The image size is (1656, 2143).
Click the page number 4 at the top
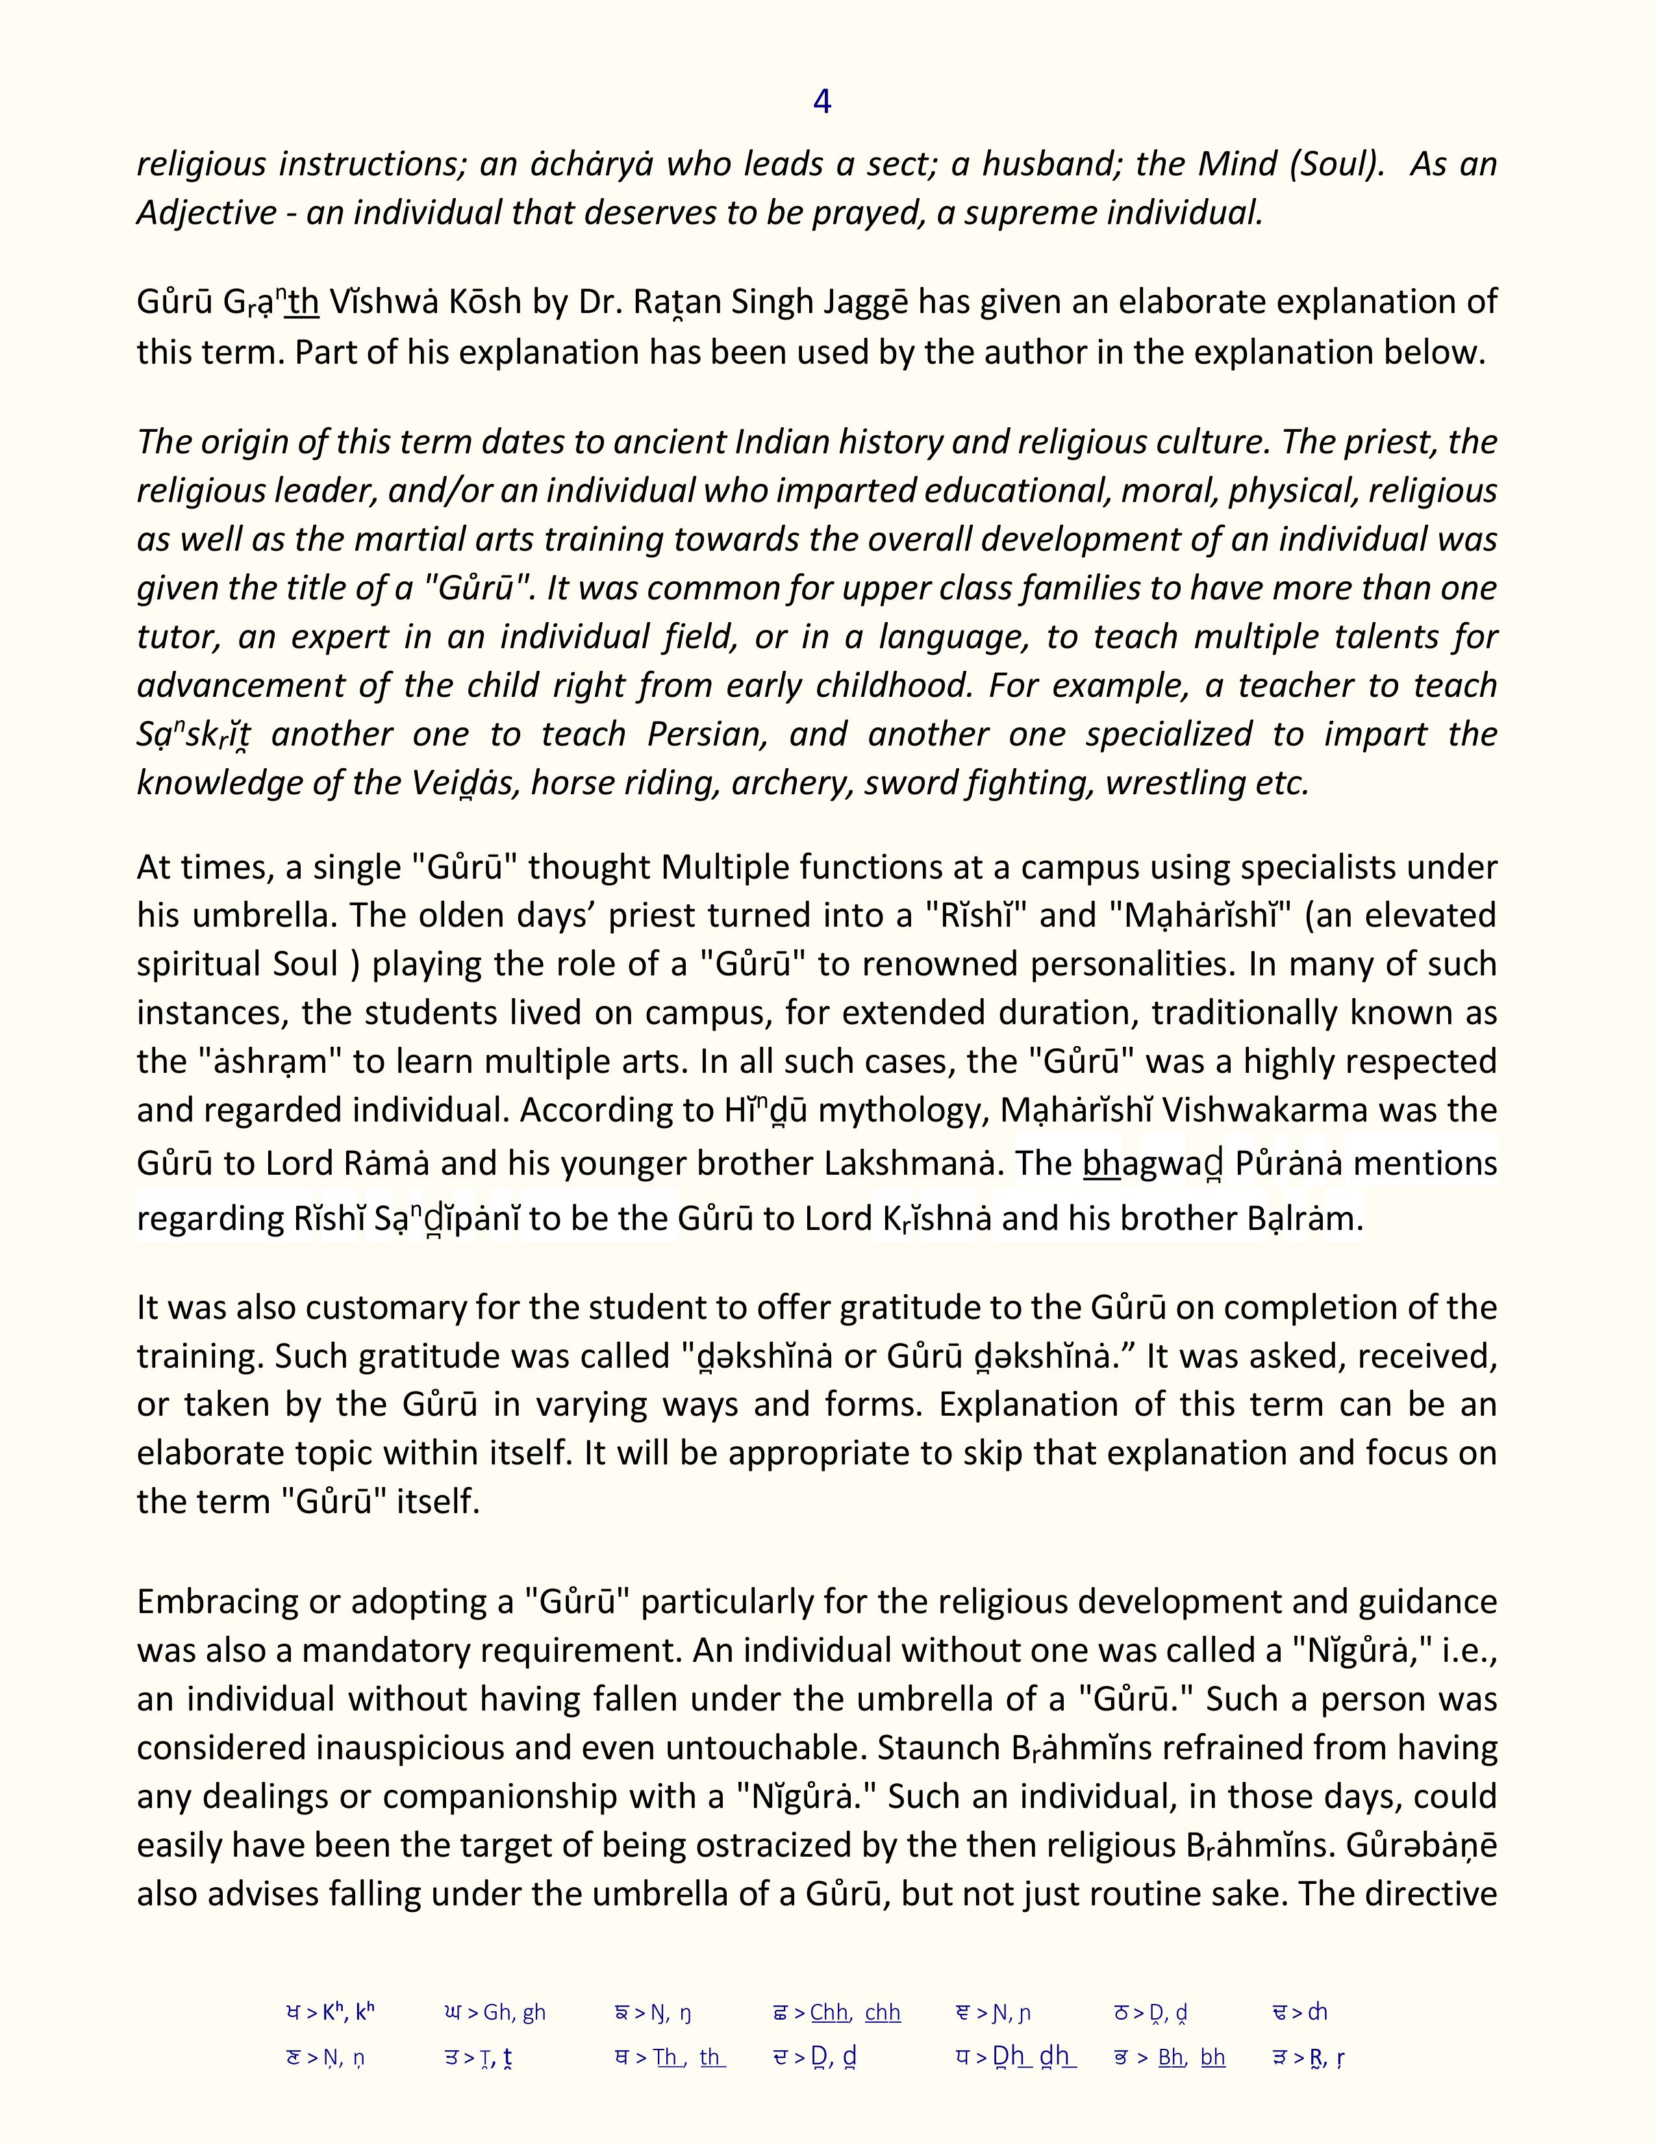pyautogui.click(x=822, y=101)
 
